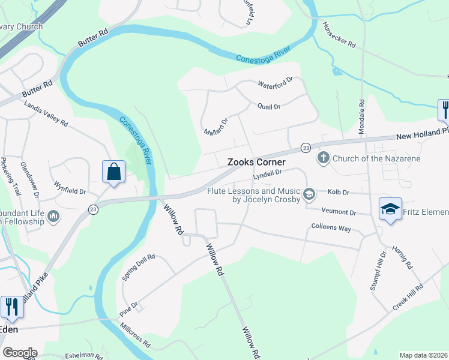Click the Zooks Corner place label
256,163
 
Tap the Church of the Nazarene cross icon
324,158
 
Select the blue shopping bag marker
113,172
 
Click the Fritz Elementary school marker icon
390,209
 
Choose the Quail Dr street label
269,107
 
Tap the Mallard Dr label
216,126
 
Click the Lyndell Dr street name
267,173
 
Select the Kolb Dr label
339,192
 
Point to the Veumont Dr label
339,212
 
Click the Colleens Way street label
331,228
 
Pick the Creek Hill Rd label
408,297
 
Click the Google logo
20,353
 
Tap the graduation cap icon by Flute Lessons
309,193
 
